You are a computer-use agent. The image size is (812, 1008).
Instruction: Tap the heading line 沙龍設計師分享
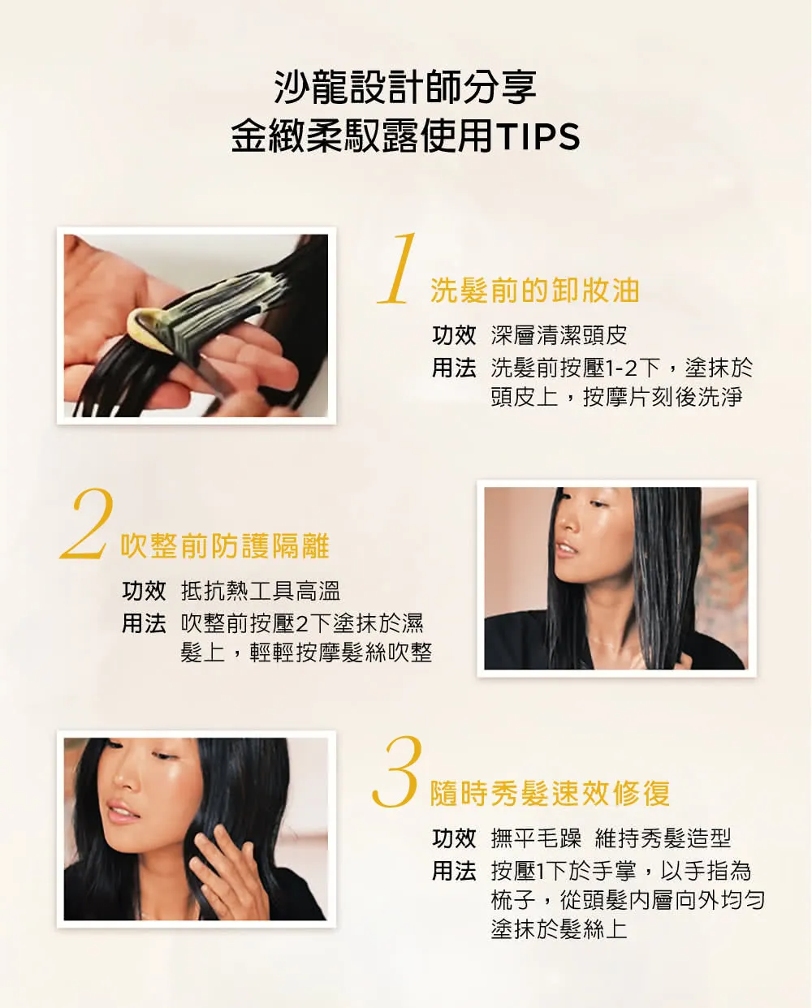point(405,87)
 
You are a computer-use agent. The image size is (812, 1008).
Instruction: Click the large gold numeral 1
point(398,269)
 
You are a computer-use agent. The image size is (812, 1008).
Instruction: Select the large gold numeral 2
point(88,523)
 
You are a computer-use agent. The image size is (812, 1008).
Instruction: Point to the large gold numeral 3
point(396,772)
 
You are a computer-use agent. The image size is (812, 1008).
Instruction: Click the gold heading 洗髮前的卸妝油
point(535,290)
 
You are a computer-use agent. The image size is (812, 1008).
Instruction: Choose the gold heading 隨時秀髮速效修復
point(550,794)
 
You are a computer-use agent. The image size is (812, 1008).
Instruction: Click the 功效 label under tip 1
point(453,335)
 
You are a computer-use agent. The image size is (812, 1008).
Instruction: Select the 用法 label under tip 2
point(144,624)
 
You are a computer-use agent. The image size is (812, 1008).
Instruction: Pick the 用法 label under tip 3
point(453,871)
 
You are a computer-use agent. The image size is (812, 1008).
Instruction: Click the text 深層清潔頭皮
point(559,335)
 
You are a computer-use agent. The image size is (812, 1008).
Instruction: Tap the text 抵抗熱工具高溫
point(260,590)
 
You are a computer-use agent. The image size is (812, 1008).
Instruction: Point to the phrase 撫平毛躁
point(536,838)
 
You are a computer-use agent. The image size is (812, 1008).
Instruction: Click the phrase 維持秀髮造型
point(663,838)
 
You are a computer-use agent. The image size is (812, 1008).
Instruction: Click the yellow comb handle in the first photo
point(146,330)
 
